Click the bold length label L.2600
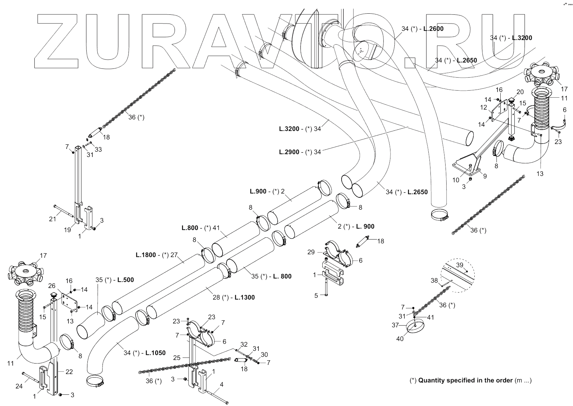tap(433, 29)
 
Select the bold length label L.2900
tap(289, 152)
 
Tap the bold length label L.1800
tap(146, 255)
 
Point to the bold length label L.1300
tap(245, 297)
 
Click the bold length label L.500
tap(125, 280)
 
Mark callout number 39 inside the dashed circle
tap(460, 265)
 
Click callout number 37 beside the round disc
tap(395, 325)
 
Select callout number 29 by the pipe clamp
tap(311, 252)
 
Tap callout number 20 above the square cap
tap(520, 92)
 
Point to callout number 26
tap(52, 286)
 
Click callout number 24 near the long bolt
tap(19, 386)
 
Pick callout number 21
tap(52, 219)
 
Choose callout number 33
tap(98, 149)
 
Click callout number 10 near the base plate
tap(456, 180)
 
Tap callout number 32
tap(244, 345)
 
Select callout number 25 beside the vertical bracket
tap(177, 358)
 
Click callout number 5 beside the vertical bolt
tap(316, 296)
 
